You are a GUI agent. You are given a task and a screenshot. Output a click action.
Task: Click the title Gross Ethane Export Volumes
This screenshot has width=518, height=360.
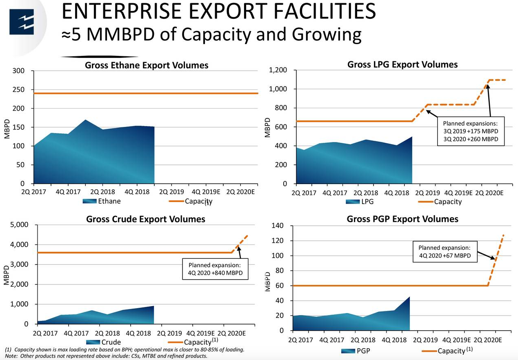tap(147, 65)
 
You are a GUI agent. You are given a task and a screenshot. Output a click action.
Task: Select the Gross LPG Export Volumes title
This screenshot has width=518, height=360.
tap(402, 64)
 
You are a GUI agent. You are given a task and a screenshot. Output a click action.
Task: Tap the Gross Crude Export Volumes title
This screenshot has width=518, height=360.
tap(145, 219)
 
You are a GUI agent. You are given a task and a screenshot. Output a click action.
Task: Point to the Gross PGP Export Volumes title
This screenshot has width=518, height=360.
tap(402, 219)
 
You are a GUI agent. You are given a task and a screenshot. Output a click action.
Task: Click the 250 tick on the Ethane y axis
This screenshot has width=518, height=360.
tap(18, 90)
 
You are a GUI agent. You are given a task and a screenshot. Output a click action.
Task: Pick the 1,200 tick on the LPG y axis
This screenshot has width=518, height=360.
tap(278, 70)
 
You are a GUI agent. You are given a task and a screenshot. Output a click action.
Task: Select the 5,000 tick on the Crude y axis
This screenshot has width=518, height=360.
tap(19, 225)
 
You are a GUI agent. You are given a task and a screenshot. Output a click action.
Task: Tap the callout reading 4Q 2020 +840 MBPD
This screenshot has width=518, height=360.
tap(215, 269)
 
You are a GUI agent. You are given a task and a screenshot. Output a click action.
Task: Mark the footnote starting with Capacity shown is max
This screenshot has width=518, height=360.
tap(124, 350)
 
